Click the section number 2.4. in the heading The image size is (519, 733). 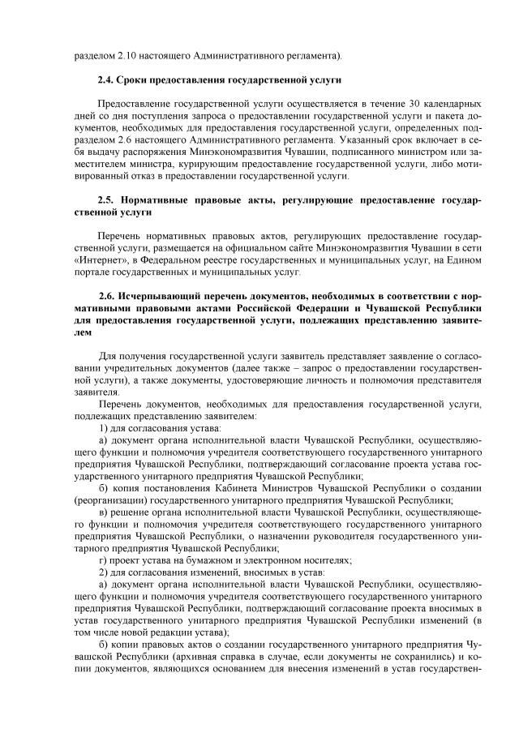105,80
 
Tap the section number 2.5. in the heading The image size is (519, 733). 105,199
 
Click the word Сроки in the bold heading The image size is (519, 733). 134,80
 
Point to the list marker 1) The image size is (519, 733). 103,427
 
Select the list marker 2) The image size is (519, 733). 103,572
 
